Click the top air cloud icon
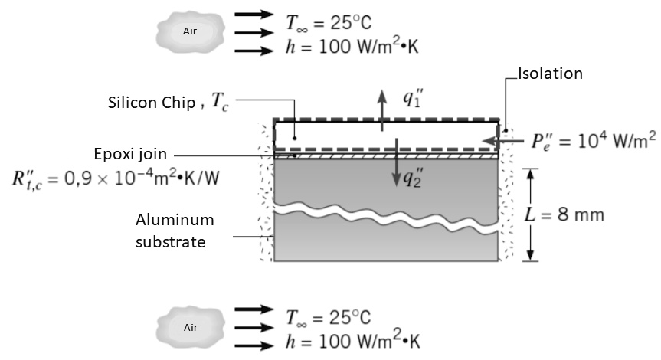tap(189, 32)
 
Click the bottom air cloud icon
tap(189, 328)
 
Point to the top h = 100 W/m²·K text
tap(353, 48)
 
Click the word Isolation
tap(551, 74)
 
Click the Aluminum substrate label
tap(175, 231)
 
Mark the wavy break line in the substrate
tap(387, 214)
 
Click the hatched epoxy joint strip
tap(387, 156)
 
